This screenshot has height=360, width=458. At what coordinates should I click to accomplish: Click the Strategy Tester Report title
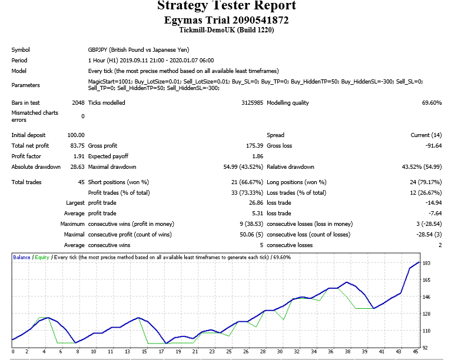click(227, 5)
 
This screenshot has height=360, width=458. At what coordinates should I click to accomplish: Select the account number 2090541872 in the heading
click(261, 20)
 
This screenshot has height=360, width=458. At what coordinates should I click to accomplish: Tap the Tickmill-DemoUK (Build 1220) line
click(227, 30)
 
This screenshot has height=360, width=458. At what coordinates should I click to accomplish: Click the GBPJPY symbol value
click(138, 50)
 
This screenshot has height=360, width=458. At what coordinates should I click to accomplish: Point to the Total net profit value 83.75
click(77, 146)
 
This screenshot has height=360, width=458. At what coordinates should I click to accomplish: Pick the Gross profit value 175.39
click(254, 146)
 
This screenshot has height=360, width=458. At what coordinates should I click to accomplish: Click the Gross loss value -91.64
click(433, 146)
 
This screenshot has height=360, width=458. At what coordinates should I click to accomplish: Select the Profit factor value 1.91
click(79, 156)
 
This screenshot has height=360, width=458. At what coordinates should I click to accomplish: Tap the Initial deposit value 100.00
click(76, 135)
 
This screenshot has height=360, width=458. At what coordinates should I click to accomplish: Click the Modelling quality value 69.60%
click(432, 103)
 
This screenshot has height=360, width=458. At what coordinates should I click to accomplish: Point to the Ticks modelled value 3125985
click(252, 103)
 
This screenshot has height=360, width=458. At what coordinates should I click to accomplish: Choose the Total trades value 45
click(81, 182)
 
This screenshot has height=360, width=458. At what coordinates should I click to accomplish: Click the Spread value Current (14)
click(426, 135)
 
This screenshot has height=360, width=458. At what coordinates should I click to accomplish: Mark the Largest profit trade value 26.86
click(256, 203)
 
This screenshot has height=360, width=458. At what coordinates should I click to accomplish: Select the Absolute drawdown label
click(36, 166)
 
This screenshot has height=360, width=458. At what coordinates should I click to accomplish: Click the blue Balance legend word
click(22, 257)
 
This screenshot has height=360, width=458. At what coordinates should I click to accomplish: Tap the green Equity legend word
click(42, 257)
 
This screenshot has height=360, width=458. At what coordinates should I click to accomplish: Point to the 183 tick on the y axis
click(426, 263)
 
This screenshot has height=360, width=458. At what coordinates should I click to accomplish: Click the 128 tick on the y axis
click(426, 314)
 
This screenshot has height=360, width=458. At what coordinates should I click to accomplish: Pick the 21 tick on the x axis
click(195, 352)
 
